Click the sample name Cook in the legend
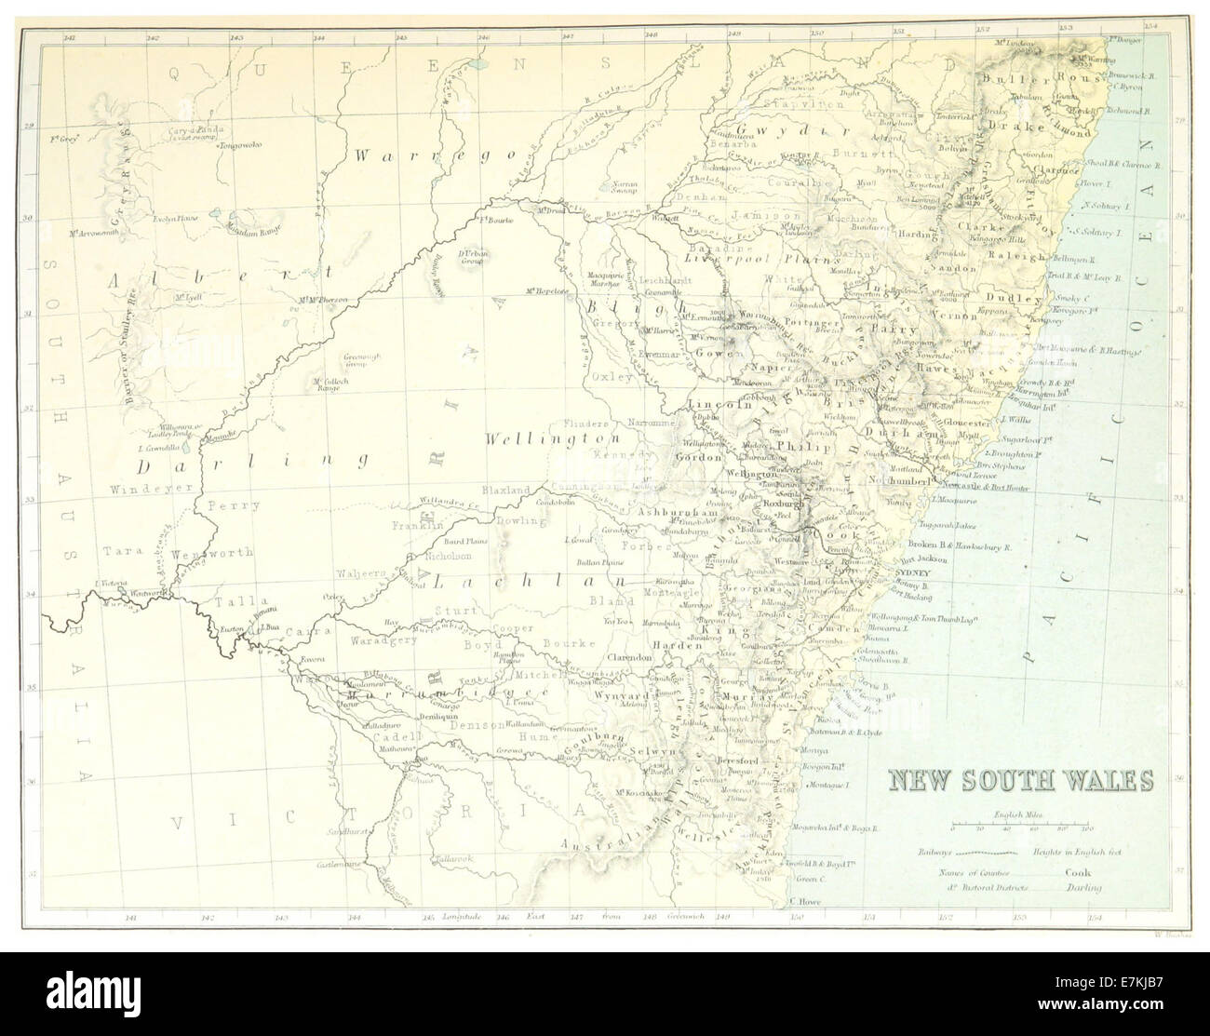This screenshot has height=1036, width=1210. tap(1078, 873)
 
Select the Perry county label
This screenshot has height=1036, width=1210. tap(227, 506)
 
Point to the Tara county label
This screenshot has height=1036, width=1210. tap(118, 550)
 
